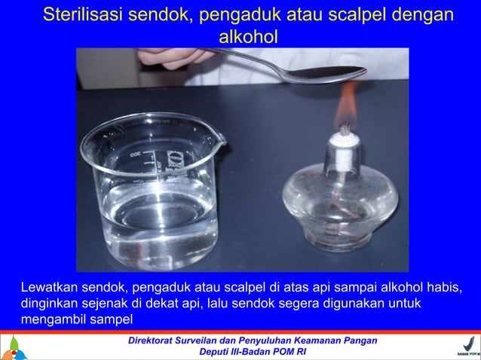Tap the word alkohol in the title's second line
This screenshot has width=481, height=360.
click(247, 35)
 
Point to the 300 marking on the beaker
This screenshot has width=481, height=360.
click(136, 153)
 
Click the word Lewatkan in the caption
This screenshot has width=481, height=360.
click(49, 288)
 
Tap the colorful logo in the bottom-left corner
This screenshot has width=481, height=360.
click(14, 347)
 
